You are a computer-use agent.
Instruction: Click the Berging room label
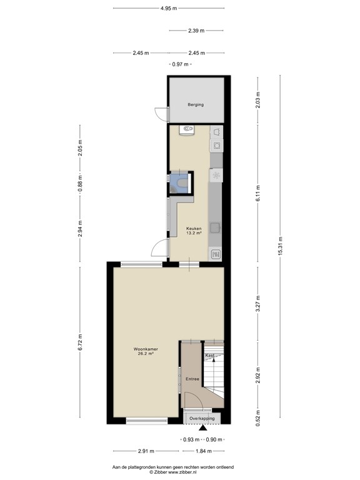(196, 105)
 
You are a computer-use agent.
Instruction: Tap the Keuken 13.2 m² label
(194, 231)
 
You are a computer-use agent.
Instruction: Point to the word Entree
(192, 379)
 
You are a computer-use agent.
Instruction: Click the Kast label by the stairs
(210, 355)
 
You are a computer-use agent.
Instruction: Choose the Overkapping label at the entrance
(201, 418)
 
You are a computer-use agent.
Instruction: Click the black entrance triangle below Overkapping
(201, 428)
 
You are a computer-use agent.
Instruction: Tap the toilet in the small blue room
(181, 182)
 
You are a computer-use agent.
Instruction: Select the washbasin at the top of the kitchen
(186, 130)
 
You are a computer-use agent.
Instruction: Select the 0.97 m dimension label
(181, 64)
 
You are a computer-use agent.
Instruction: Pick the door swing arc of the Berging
(161, 115)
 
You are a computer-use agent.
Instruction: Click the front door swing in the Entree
(192, 399)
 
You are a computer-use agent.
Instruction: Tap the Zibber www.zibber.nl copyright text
(172, 472)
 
